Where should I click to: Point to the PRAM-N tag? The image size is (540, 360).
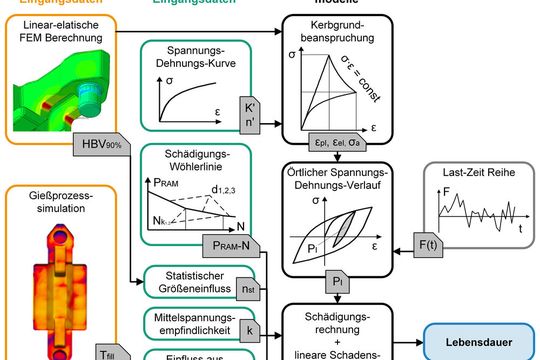click(233, 243)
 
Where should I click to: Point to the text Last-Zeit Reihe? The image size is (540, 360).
click(471, 173)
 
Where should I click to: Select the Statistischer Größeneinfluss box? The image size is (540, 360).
click(200, 285)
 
